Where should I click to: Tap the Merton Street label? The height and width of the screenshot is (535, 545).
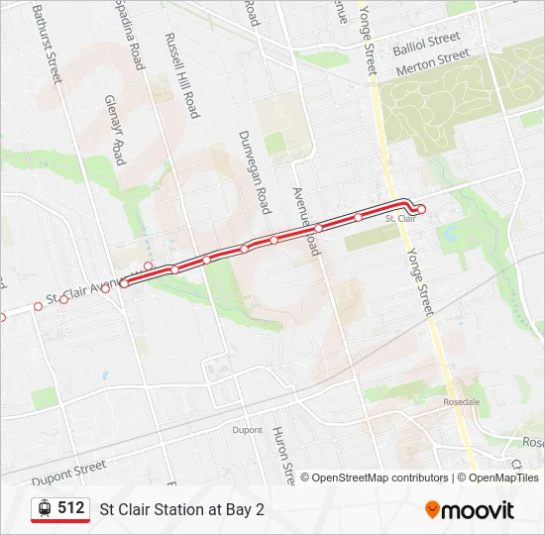coord(432,64)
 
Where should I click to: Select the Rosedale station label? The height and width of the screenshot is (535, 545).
coord(462,402)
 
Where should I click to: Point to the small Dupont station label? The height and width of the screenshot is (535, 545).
coord(248,430)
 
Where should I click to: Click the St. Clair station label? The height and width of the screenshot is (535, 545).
coord(398,218)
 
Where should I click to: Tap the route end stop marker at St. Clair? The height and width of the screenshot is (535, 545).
coord(421,209)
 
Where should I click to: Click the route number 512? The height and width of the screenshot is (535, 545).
coord(71,507)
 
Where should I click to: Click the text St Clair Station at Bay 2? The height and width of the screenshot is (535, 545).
coord(182,509)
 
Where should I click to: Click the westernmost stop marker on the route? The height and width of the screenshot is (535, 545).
coord(2,317)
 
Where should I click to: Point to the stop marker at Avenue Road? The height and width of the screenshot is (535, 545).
coord(319,228)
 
